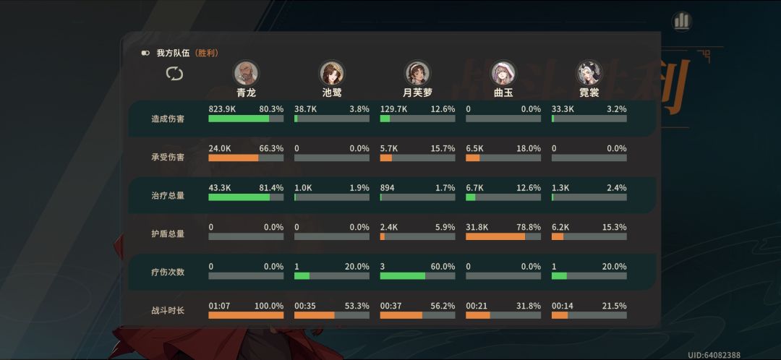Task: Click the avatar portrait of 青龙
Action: click(x=246, y=73)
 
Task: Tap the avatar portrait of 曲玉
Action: click(x=503, y=73)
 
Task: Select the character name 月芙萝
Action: click(x=417, y=93)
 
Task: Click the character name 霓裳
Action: click(x=589, y=93)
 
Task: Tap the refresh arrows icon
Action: click(x=174, y=74)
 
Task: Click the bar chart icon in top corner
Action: click(x=682, y=22)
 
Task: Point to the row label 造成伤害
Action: click(x=168, y=119)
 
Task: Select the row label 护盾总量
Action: click(x=168, y=233)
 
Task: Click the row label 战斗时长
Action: click(x=168, y=310)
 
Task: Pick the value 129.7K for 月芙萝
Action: click(x=393, y=109)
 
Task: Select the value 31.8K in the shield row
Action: click(x=477, y=227)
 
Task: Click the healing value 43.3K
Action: click(x=220, y=188)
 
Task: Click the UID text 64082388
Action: click(x=723, y=355)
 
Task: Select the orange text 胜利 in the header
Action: click(x=207, y=53)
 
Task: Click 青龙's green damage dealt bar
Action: click(x=239, y=119)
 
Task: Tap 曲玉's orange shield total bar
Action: click(x=495, y=236)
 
